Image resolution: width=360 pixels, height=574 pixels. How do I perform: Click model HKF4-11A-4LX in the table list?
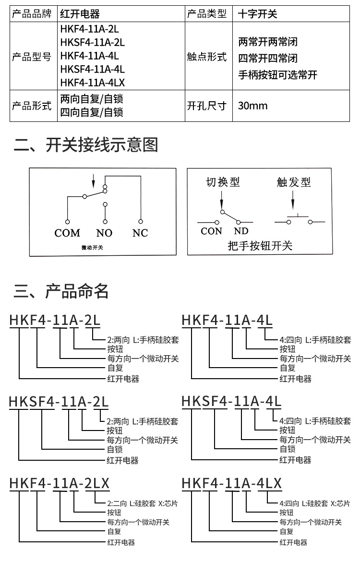(93, 83)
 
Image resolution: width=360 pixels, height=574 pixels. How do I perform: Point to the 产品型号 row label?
(32, 57)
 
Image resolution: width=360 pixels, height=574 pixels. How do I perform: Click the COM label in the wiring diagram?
(67, 233)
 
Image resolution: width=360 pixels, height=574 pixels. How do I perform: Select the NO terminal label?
(104, 233)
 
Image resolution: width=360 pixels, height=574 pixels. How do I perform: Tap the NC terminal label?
(140, 233)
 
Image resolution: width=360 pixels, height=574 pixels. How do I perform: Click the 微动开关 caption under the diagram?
(92, 248)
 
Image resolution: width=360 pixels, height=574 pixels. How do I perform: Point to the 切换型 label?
(223, 182)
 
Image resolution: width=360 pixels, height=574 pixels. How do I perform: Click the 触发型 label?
(294, 182)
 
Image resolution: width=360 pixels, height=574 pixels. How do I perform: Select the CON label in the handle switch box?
(211, 231)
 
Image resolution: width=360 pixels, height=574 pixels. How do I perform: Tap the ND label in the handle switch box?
(241, 231)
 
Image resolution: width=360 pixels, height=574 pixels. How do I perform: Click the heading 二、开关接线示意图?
(86, 145)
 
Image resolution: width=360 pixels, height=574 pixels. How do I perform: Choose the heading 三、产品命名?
(61, 291)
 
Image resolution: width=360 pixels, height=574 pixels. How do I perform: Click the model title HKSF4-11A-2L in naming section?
(59, 402)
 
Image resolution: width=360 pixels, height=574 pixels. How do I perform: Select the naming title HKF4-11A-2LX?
(60, 483)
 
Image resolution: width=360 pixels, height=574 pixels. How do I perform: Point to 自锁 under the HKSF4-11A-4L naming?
(288, 449)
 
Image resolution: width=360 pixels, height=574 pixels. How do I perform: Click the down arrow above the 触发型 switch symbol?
(293, 200)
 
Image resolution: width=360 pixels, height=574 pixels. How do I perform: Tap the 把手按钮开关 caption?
(260, 246)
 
